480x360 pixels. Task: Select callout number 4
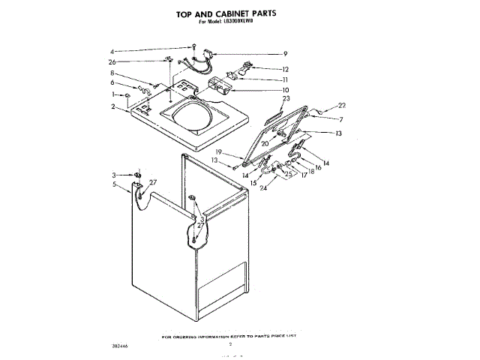click(112, 51)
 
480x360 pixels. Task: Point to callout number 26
click(112, 61)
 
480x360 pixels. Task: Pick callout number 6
click(112, 83)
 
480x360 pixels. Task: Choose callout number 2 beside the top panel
click(112, 107)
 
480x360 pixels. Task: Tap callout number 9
click(285, 53)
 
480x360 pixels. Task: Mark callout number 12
click(286, 69)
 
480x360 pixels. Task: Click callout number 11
click(286, 79)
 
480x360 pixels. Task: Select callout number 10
click(286, 90)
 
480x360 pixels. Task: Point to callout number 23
click(286, 99)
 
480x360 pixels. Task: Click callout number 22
click(342, 106)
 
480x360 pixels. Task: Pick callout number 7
click(340, 120)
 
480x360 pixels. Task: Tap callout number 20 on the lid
click(265, 143)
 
